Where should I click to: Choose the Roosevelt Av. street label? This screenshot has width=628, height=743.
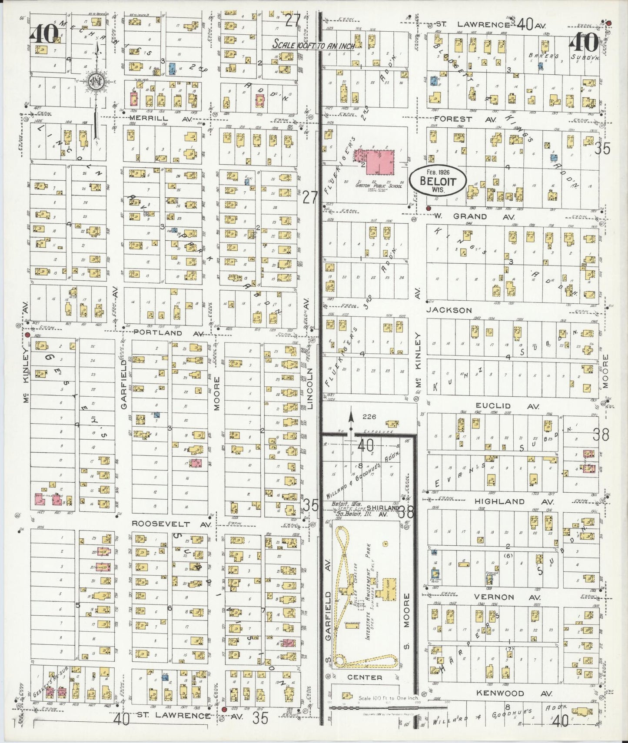(x=171, y=524)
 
